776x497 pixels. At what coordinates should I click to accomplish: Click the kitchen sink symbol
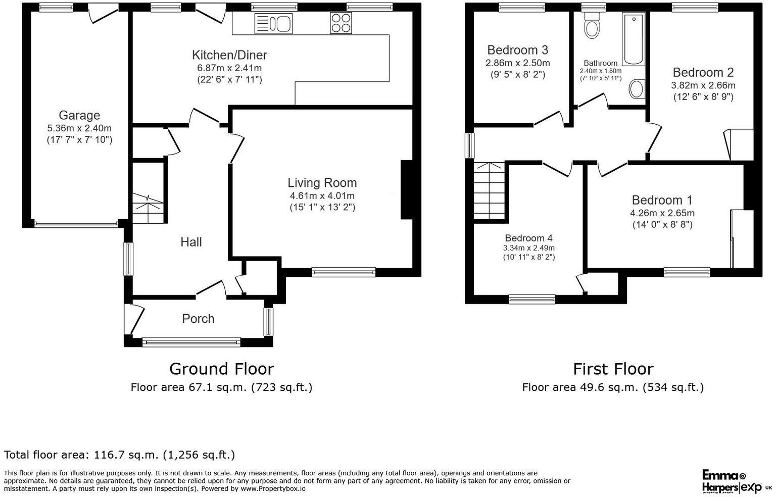tap(273, 24)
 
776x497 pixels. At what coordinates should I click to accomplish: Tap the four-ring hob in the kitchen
tap(341, 23)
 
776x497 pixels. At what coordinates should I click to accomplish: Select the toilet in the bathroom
tap(591, 26)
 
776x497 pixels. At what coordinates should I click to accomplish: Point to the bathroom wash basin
tap(637, 89)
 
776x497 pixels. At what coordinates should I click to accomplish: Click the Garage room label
tap(79, 115)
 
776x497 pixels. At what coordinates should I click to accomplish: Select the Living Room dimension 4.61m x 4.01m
tap(322, 195)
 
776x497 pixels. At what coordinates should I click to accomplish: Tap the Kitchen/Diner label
tap(229, 55)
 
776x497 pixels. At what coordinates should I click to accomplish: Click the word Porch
tap(198, 319)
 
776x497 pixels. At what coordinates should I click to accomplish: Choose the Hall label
tap(191, 242)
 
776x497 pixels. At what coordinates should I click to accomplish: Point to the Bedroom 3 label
tap(517, 50)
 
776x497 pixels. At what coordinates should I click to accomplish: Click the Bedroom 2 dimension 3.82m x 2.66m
tap(703, 85)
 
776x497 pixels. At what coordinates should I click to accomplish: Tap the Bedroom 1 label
tap(662, 200)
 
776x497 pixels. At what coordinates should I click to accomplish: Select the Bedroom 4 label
tap(528, 238)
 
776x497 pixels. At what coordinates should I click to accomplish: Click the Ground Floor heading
tap(221, 369)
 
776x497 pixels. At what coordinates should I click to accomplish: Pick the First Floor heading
tap(613, 369)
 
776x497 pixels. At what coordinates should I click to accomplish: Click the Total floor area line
tap(119, 455)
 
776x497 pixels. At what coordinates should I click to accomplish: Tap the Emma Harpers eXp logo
tap(737, 481)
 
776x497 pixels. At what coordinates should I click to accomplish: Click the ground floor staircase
tap(149, 207)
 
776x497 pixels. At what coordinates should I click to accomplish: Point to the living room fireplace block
tap(407, 190)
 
